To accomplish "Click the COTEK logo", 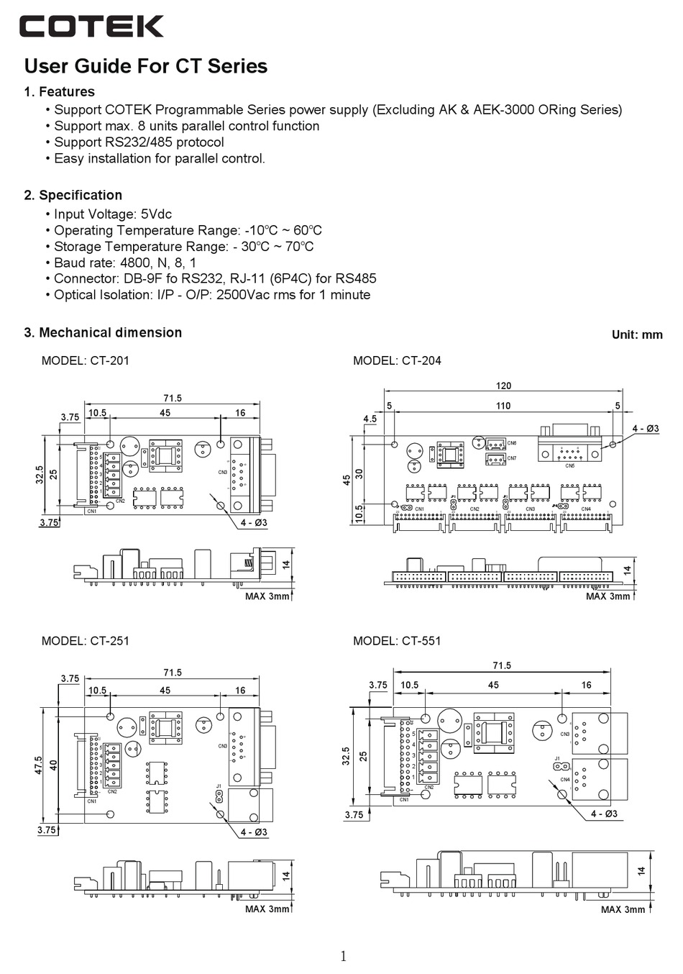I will coord(91,27).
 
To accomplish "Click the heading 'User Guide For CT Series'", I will coord(146,66).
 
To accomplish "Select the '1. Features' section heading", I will coord(60,91).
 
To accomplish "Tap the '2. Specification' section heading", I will coord(73,195).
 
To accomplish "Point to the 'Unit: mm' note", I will coord(637,334).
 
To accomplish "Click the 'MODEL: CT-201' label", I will coord(86,360).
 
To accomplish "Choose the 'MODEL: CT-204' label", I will coord(397,360).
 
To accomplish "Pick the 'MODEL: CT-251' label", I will coord(86,640).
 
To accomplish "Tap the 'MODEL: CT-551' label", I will coord(397,640).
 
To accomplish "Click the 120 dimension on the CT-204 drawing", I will coord(503,386).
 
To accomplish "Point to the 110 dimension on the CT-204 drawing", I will coord(503,406).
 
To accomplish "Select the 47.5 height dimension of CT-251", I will coord(40,764).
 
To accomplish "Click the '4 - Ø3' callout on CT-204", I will coord(646,429).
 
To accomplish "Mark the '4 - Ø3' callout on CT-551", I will coord(604,814).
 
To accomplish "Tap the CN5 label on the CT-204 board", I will coord(569,466).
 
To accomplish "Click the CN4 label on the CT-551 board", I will coord(564,780).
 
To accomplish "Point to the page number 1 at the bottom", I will coord(343,956).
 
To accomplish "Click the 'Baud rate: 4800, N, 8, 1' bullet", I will coord(125,263).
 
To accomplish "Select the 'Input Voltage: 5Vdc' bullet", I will coord(113,214).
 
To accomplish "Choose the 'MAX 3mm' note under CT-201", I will coord(267,596).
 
